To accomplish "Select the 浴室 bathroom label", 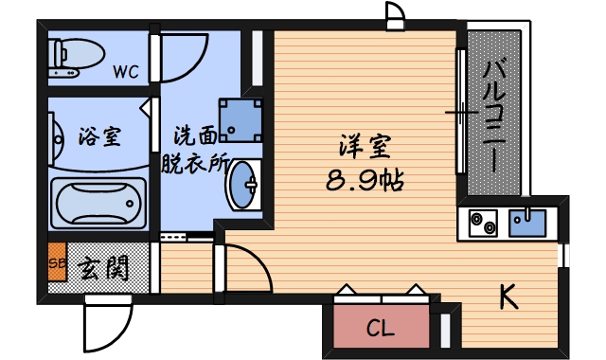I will click(98, 135).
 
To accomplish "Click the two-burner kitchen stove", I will click(482, 224).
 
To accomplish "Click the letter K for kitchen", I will click(508, 297).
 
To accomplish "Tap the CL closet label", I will click(380, 329).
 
